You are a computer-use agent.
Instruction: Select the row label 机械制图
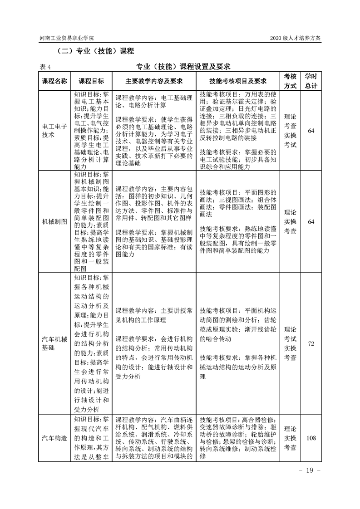pos(54,221)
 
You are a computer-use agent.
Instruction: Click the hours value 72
pos(311,343)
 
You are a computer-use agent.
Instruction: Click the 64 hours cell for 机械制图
pos(311,221)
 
